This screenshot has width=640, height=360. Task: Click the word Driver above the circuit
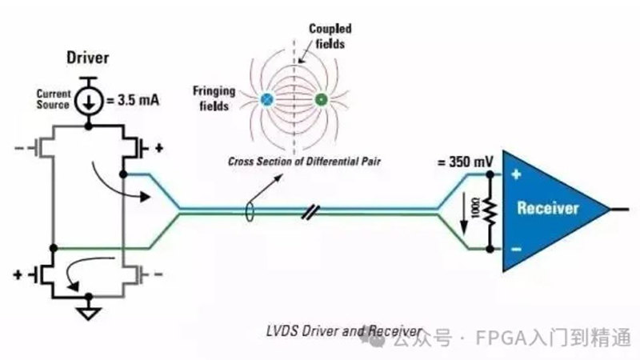tap(88, 58)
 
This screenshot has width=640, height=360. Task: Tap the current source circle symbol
tap(88, 101)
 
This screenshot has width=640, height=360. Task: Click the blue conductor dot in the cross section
tap(266, 99)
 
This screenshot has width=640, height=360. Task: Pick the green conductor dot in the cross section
tap(322, 99)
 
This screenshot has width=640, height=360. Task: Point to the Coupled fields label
tap(330, 36)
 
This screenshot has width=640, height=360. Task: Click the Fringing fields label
tap(214, 98)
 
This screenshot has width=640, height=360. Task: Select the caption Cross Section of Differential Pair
tap(304, 162)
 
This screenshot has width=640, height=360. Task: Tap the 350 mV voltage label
tap(466, 162)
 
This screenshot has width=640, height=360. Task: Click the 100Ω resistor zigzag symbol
tap(490, 212)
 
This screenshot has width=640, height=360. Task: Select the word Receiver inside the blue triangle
tap(548, 208)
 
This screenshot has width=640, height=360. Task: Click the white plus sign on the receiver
tap(516, 174)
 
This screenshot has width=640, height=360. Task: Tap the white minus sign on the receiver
tap(516, 249)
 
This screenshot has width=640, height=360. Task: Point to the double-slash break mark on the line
tap(310, 211)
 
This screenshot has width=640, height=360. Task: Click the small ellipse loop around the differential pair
tap(250, 211)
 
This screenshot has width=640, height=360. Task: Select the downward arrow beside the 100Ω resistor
tap(464, 214)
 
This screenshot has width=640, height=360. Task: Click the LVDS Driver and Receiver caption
tap(344, 331)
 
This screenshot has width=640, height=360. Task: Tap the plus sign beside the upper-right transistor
tap(159, 148)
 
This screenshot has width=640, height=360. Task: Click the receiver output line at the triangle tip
tap(619, 210)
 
